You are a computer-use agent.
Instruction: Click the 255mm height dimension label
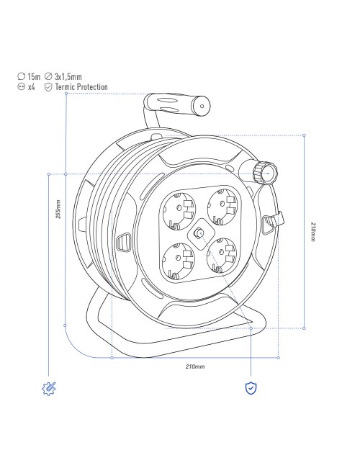[x=58, y=210]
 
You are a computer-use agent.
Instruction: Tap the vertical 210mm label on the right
[x=312, y=232]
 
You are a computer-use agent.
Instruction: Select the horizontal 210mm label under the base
[x=195, y=366]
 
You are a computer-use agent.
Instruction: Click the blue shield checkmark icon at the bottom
[x=251, y=388]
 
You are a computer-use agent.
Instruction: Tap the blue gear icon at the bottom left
[x=49, y=389]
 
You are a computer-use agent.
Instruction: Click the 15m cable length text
[x=34, y=77]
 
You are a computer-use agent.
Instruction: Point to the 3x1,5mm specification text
[x=68, y=77]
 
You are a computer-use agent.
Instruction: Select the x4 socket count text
[x=32, y=87]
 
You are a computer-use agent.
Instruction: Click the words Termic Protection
[x=81, y=87]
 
